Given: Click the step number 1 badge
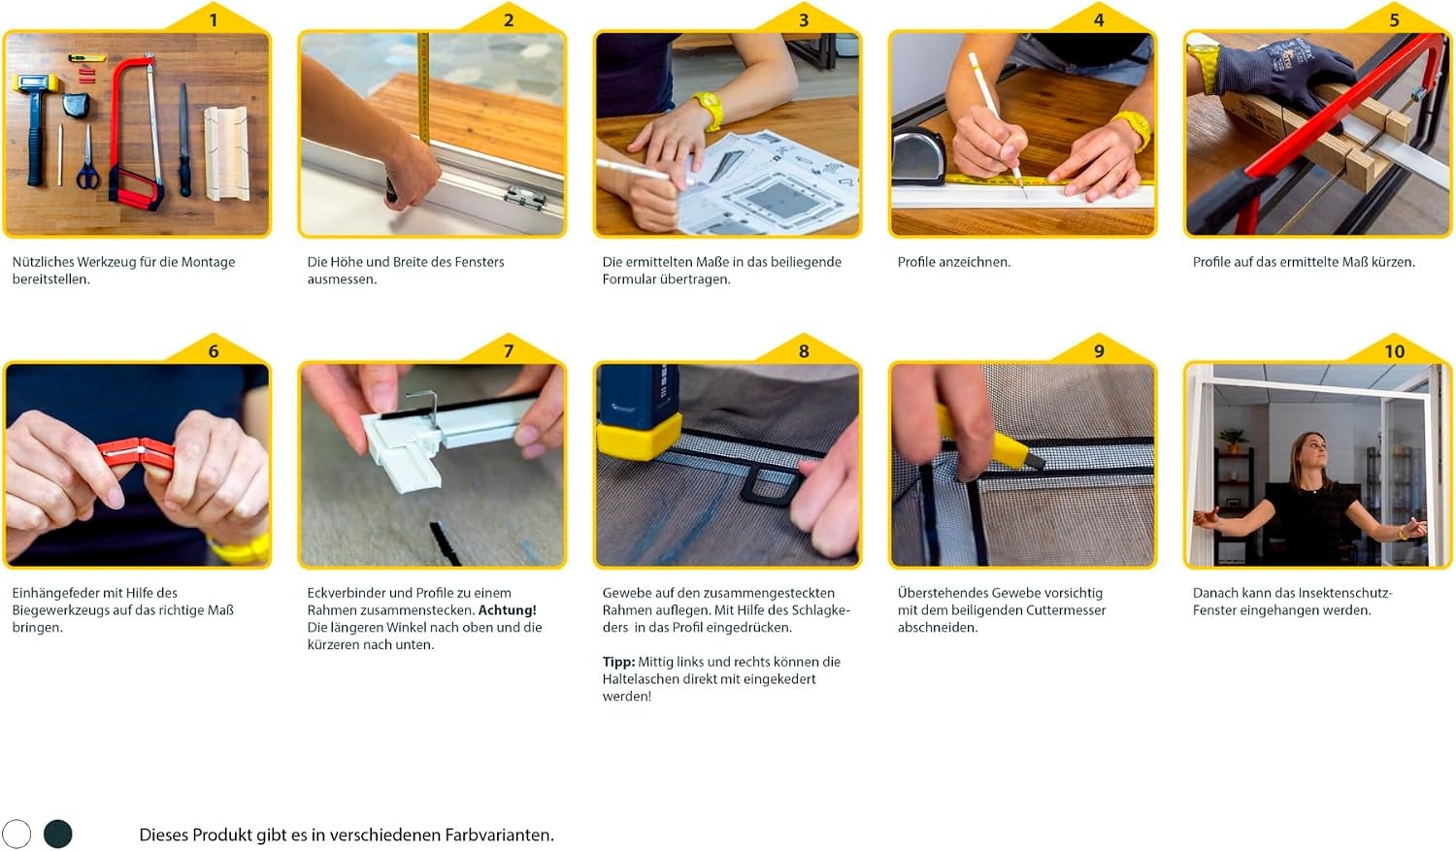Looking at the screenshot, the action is (214, 20).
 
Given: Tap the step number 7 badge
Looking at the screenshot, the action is (509, 351).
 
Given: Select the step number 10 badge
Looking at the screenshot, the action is (1394, 351).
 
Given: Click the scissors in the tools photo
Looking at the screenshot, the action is (87, 159).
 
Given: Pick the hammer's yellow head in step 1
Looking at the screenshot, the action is (36, 83).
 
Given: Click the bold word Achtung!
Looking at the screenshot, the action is (507, 610).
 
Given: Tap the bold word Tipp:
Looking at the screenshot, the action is (618, 662).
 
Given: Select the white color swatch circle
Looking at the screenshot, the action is (17, 834).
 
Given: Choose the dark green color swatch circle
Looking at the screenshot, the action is (58, 834).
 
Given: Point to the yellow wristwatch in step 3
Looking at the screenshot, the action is (709, 109).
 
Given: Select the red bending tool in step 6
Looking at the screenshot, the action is (138, 453).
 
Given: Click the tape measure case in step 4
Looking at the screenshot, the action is (918, 156).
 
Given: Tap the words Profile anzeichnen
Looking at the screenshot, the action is (953, 262).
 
